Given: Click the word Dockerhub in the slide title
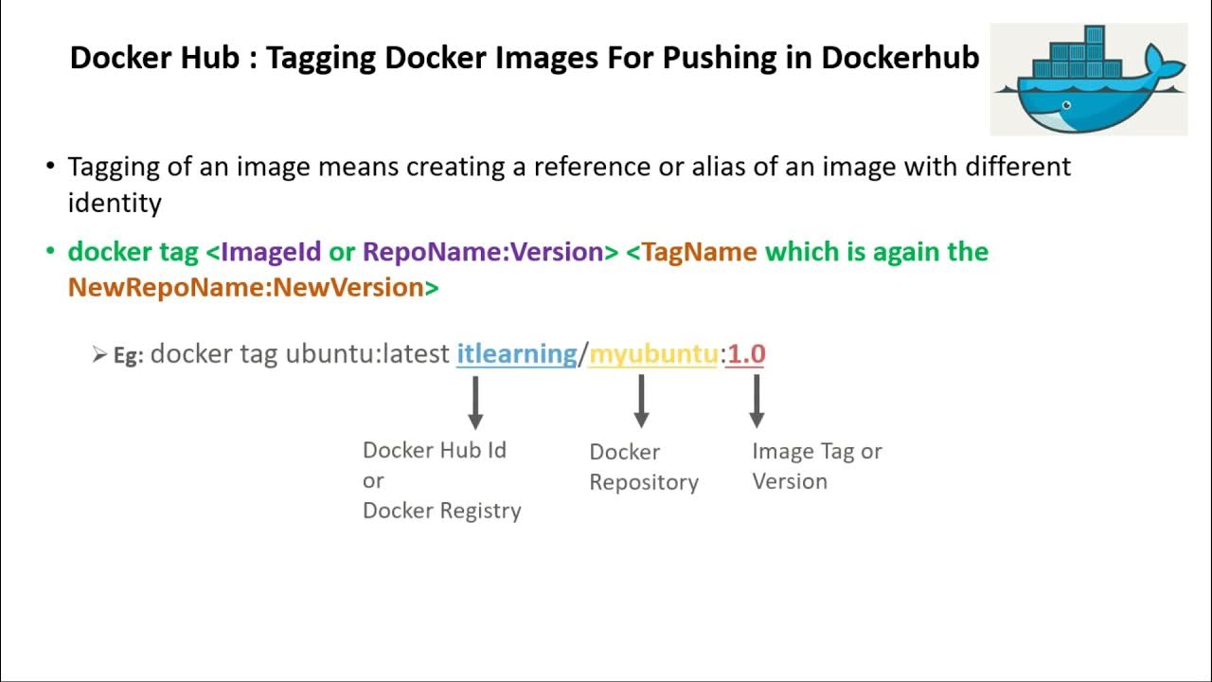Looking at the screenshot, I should click(x=900, y=58).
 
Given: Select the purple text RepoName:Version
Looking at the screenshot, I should click(x=483, y=252).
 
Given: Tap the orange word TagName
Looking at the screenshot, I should click(x=699, y=252).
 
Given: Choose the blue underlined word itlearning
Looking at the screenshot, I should click(x=516, y=354).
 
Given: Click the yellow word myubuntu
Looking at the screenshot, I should click(x=653, y=354).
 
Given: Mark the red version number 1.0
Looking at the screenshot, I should click(x=746, y=354).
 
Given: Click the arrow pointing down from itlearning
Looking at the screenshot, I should click(x=475, y=403).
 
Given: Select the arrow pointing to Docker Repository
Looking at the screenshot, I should click(x=641, y=402).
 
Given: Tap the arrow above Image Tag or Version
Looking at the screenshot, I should click(x=756, y=402).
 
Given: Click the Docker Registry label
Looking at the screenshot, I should click(x=441, y=511).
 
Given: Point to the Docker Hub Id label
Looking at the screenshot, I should click(x=435, y=450).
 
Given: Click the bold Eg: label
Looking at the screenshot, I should click(x=128, y=356).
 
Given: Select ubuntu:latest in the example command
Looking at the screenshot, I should click(x=367, y=354).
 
